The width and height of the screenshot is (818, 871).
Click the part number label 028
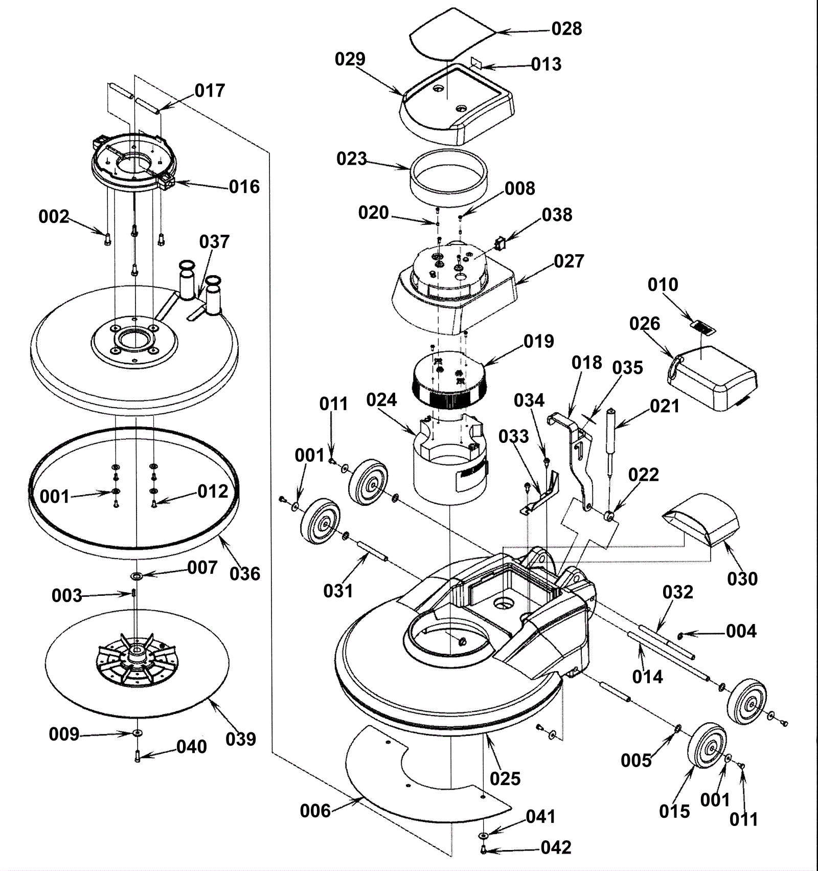(x=566, y=29)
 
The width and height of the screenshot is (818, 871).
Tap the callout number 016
(x=244, y=187)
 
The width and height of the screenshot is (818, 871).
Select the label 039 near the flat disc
(x=241, y=739)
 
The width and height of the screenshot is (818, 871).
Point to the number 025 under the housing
(x=505, y=778)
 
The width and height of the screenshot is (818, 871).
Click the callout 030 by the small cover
(x=742, y=579)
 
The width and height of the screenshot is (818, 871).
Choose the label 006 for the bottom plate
(x=315, y=811)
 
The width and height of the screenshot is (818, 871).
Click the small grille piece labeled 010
(x=703, y=327)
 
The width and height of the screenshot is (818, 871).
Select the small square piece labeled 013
(x=476, y=62)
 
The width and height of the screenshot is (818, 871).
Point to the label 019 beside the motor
(x=538, y=341)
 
